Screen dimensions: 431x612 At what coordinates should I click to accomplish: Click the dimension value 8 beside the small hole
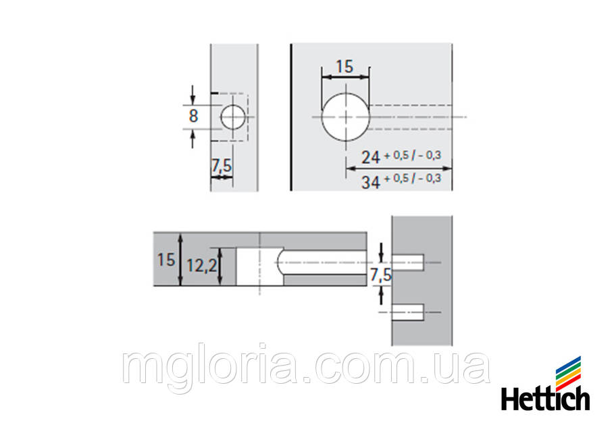(193, 115)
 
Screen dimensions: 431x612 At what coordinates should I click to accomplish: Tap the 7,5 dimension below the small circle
(222, 165)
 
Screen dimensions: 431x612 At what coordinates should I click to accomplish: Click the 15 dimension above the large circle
(345, 66)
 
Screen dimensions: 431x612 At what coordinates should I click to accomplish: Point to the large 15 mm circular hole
(345, 117)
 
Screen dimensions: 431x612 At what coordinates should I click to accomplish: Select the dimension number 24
(370, 157)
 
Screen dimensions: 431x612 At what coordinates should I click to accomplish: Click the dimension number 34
(370, 181)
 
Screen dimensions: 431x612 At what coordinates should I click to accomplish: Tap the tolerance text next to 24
(412, 156)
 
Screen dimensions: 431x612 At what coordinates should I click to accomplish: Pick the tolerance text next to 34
(412, 179)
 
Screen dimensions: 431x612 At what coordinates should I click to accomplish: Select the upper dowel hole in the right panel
(409, 262)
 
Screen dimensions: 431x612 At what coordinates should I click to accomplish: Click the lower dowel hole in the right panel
(409, 313)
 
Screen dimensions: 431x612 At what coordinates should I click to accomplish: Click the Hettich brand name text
(545, 398)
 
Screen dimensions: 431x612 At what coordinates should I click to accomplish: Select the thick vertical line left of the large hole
(290, 117)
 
